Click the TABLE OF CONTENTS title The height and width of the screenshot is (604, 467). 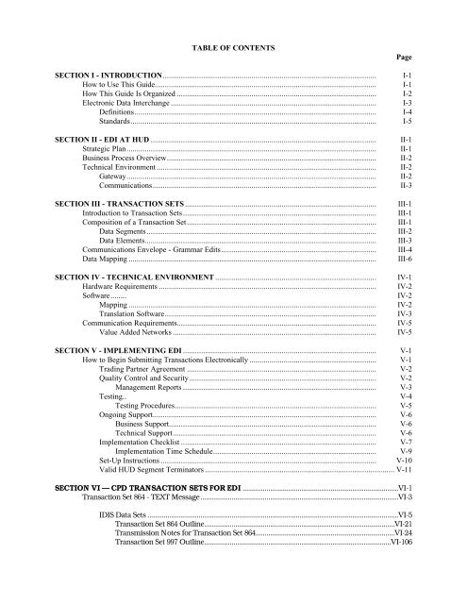(232, 46)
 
